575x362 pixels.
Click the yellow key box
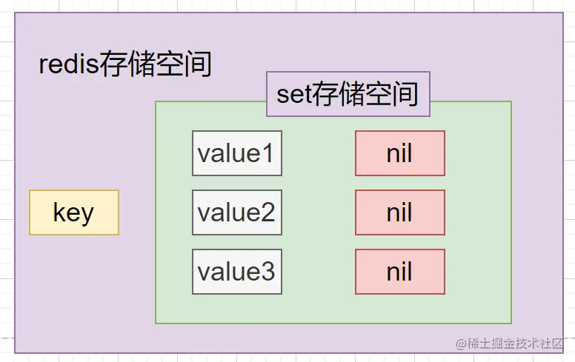click(x=74, y=212)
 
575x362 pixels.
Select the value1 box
click(x=237, y=153)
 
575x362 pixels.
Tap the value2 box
click(x=237, y=212)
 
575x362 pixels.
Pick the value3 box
click(x=237, y=272)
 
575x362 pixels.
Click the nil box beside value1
click(x=400, y=153)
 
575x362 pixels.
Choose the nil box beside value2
click(x=400, y=212)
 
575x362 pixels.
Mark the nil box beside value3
click(x=400, y=272)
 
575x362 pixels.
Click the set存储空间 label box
click(x=348, y=94)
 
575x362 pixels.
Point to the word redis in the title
click(x=68, y=64)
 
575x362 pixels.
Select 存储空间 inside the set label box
click(x=365, y=95)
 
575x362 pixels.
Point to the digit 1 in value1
click(x=267, y=153)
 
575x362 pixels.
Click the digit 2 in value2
click(x=267, y=212)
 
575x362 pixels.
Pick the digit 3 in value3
click(x=267, y=272)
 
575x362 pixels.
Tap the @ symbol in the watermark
click(x=462, y=343)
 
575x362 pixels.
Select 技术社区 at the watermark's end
click(x=542, y=343)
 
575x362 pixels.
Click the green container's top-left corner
click(x=156, y=101)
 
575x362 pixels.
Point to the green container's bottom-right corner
click(x=511, y=324)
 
